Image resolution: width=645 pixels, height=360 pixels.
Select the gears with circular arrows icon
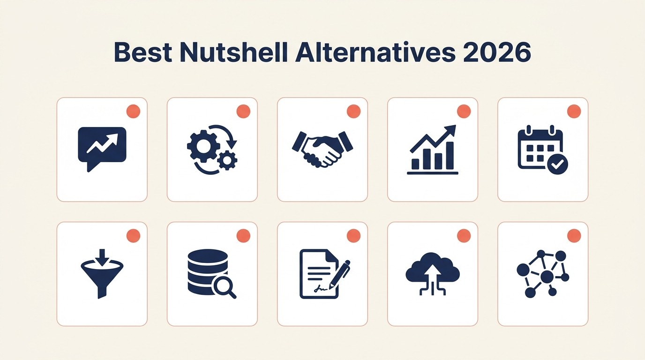pyautogui.click(x=212, y=150)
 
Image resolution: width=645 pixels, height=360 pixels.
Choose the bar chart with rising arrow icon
pyautogui.click(x=432, y=150)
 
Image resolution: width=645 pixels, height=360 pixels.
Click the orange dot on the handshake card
pyautogui.click(x=353, y=112)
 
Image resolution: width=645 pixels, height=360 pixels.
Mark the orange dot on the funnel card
pyautogui.click(x=133, y=236)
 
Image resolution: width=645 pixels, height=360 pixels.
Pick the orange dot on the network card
pyautogui.click(x=574, y=236)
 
